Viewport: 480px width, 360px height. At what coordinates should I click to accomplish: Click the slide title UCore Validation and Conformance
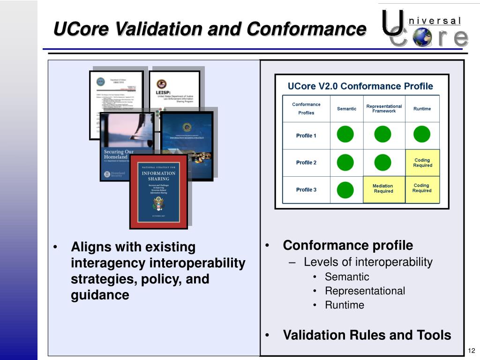click(x=209, y=29)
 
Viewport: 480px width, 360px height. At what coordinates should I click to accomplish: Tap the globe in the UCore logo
click(x=423, y=37)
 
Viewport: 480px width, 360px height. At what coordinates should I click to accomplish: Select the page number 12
click(x=472, y=351)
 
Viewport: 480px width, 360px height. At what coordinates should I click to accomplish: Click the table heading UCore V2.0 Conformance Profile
click(x=360, y=86)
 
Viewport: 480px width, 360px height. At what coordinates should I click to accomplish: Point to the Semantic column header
click(x=346, y=109)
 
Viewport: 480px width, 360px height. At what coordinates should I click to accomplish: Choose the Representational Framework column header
click(x=384, y=109)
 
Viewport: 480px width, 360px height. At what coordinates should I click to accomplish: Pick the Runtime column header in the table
click(x=422, y=109)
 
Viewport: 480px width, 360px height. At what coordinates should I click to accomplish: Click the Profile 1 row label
click(x=306, y=136)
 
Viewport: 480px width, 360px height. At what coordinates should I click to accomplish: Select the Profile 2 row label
click(x=306, y=163)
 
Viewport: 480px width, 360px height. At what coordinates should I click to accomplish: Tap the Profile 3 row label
click(x=306, y=190)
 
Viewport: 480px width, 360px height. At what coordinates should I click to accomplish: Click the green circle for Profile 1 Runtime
click(x=422, y=135)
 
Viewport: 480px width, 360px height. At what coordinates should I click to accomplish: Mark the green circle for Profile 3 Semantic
click(x=345, y=190)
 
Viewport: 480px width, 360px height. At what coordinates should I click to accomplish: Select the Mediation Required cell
click(x=383, y=189)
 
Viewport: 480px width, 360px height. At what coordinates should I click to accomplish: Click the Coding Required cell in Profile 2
click(x=422, y=163)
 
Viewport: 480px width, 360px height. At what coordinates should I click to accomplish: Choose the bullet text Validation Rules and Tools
click(x=367, y=335)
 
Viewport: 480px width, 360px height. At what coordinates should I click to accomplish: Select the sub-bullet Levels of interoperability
click(x=368, y=262)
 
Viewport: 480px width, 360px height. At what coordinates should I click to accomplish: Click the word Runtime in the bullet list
click(x=345, y=305)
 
